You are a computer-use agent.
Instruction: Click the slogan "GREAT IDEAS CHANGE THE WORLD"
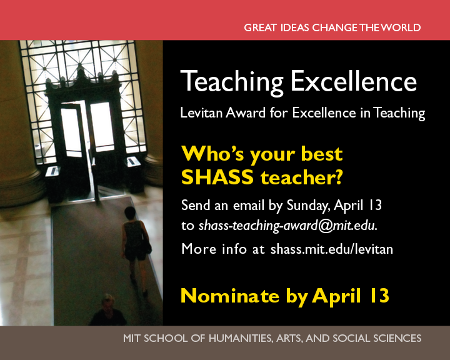[332, 27]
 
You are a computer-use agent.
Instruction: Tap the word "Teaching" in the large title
[232, 82]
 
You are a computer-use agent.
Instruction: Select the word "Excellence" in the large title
[354, 81]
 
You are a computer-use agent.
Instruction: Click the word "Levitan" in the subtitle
[201, 112]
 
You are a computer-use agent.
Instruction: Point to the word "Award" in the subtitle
[246, 112]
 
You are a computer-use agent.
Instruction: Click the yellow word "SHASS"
[217, 177]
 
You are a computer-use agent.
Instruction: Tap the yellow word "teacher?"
[302, 177]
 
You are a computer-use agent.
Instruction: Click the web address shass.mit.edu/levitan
[332, 249]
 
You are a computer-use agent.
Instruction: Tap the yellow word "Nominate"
[230, 296]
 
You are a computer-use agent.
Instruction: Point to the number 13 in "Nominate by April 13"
[379, 296]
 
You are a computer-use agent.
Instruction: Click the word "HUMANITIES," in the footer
[241, 339]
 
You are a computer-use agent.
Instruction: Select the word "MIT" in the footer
[132, 339]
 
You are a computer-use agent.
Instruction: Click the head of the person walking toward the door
[130, 212]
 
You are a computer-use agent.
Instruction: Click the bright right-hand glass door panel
[102, 127]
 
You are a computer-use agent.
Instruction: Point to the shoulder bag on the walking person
[147, 247]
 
